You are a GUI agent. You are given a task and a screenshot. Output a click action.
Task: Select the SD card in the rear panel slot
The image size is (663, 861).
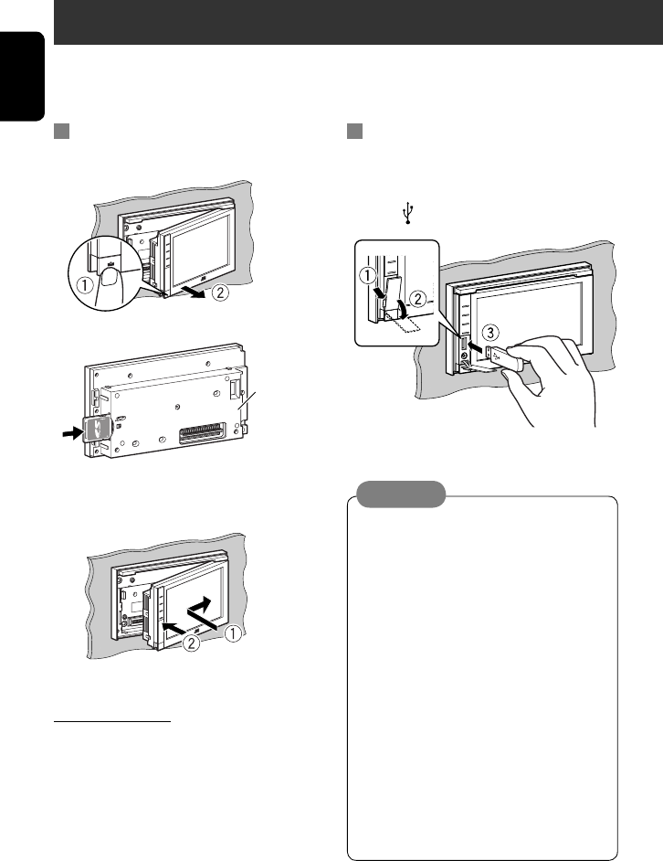coord(99,427)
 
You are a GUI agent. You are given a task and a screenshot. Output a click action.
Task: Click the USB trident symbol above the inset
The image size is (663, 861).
coord(408,212)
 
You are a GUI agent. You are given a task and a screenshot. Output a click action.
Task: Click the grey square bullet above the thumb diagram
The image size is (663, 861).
coord(61,133)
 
